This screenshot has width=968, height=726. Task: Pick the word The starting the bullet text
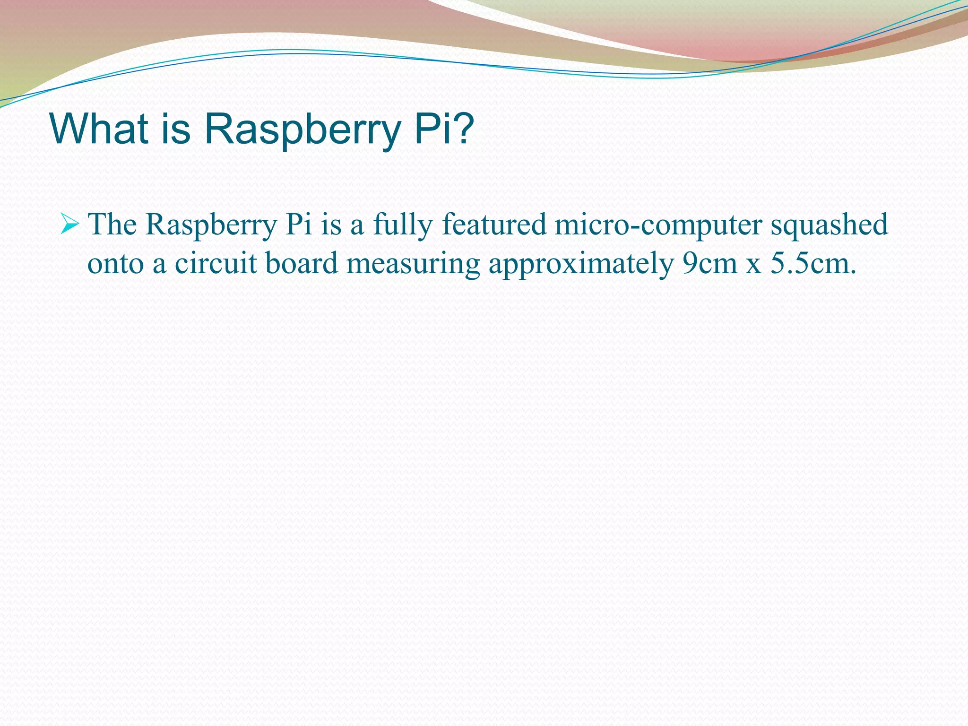(x=112, y=224)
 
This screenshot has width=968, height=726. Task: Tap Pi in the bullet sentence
(x=299, y=224)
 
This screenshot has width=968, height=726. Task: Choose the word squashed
(x=830, y=224)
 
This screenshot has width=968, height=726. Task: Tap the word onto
(x=115, y=264)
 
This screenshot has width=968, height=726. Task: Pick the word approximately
(x=581, y=265)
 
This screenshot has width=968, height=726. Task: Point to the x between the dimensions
(x=754, y=266)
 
